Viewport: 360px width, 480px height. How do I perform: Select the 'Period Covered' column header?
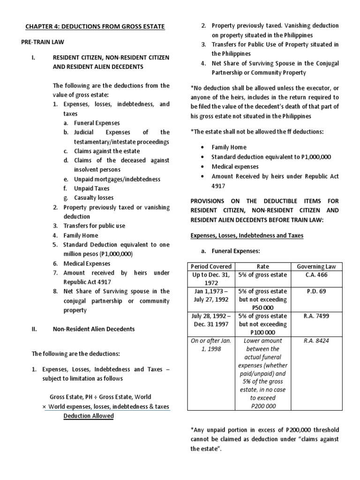click(211, 267)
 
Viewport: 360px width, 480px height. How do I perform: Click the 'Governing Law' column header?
click(316, 267)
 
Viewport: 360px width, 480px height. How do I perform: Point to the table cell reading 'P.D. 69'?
click(316, 291)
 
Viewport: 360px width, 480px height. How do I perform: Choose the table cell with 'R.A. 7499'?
click(316, 316)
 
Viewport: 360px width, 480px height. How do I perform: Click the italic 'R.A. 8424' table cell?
click(316, 341)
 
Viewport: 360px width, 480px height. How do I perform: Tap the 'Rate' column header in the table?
click(262, 267)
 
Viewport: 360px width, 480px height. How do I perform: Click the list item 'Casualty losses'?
click(93, 198)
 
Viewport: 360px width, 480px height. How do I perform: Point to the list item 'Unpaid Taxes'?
click(91, 188)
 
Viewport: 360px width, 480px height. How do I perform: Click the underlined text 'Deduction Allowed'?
click(89, 416)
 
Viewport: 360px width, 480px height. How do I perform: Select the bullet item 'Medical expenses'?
click(235, 166)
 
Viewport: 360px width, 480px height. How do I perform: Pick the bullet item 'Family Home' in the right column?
click(229, 147)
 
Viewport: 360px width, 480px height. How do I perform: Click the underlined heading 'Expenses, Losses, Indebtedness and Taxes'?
click(247, 235)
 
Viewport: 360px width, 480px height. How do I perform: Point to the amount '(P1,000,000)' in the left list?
click(112, 254)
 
